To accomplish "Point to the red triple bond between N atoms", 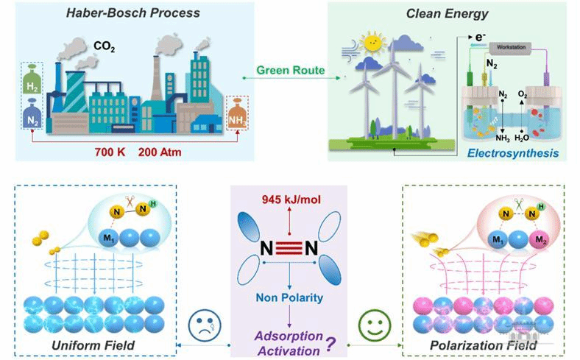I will tap(292, 249).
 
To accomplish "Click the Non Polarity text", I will tap(292, 297).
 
